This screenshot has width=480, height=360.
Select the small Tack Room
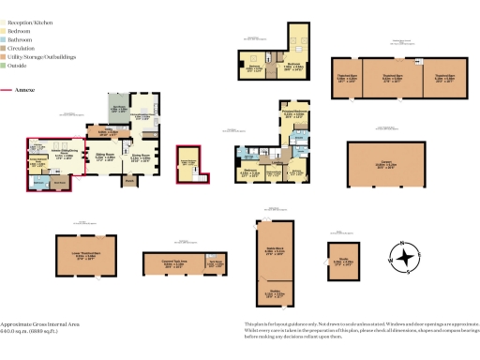point(216,265)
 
